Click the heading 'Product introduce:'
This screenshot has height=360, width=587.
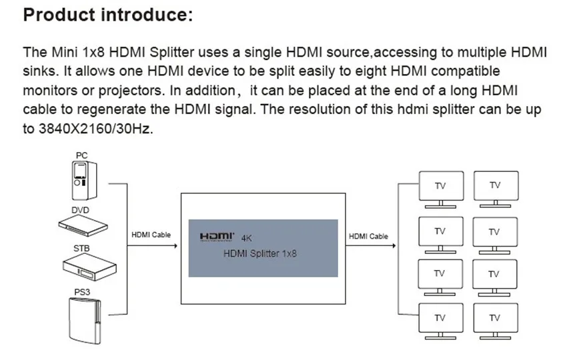tap(107, 15)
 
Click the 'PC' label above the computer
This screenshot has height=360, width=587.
tap(81, 156)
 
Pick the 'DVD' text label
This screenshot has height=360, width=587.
tap(80, 209)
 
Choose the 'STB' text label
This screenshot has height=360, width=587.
tap(82, 249)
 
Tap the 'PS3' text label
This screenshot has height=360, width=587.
tap(82, 292)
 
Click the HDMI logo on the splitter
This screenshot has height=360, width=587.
tap(218, 236)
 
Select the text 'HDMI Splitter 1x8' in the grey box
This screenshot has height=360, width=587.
tap(260, 253)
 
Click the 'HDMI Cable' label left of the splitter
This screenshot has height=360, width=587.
tap(151, 235)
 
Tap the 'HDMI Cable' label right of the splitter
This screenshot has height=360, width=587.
tap(368, 237)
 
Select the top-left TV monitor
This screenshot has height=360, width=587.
tap(440, 187)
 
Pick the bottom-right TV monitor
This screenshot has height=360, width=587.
tap(494, 319)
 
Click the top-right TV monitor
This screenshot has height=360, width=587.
tap(494, 187)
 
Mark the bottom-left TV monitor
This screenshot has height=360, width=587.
tap(440, 319)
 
